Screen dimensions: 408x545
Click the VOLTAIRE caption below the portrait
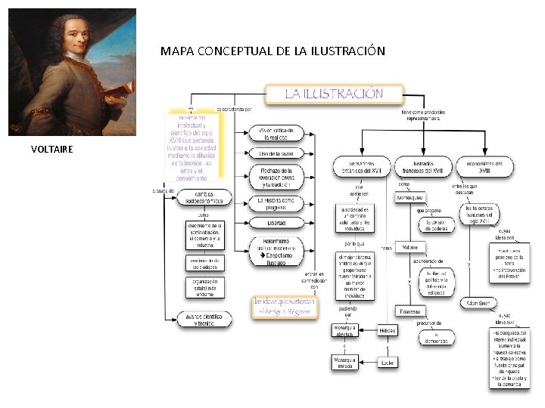point(52,149)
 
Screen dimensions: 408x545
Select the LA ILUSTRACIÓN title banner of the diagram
point(333,94)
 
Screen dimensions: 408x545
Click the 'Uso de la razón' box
point(276,154)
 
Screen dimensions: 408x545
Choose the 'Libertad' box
point(276,223)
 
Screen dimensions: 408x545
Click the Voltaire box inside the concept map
point(410,247)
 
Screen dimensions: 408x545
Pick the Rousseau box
point(410,311)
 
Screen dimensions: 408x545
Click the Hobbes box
point(388,330)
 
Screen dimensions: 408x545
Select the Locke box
point(388,362)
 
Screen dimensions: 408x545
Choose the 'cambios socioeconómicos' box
point(204,198)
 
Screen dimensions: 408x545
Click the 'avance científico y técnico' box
point(203,320)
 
